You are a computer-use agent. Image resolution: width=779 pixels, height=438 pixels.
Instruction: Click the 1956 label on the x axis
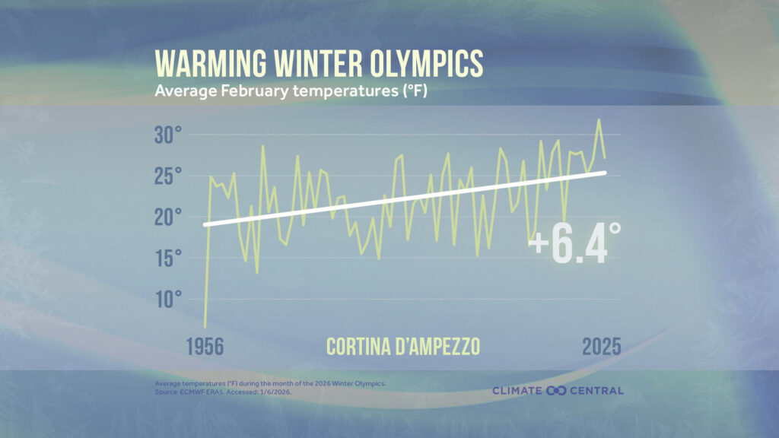tap(204, 346)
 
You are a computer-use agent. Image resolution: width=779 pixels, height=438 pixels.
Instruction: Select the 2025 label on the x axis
tap(601, 346)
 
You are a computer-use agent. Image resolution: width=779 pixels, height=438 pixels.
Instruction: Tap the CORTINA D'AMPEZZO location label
tap(403, 346)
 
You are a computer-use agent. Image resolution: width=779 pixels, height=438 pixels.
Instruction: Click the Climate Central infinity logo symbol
tap(558, 391)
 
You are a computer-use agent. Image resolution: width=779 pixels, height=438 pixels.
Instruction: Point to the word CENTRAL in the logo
tap(597, 391)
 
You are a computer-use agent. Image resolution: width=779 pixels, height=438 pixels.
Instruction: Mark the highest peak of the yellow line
tap(599, 119)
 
